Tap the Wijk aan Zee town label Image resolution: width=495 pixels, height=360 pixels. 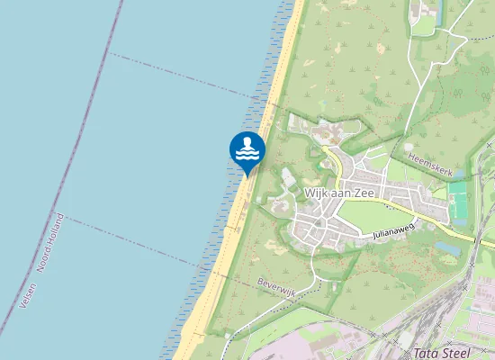(343, 193)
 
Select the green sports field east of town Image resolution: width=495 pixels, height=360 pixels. (460, 203)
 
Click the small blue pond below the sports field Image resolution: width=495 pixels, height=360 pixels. (447, 246)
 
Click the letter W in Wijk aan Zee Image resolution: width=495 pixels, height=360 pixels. (310, 193)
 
